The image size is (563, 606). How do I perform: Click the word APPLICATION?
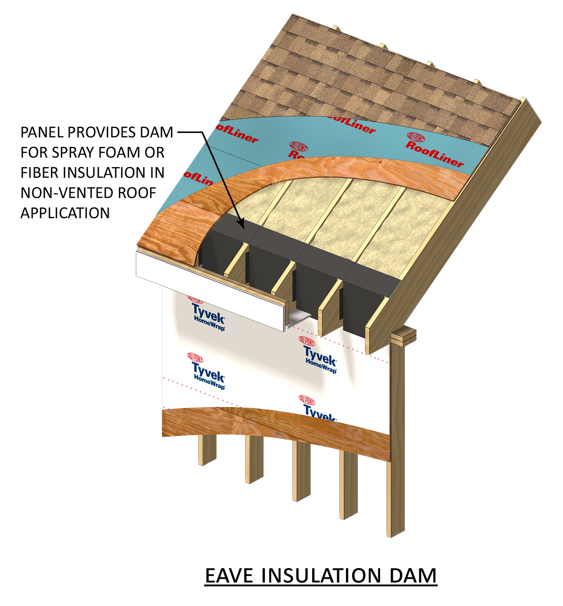[65, 213]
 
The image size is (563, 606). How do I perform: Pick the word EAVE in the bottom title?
[229, 576]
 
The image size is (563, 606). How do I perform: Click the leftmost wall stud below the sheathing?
[207, 450]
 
